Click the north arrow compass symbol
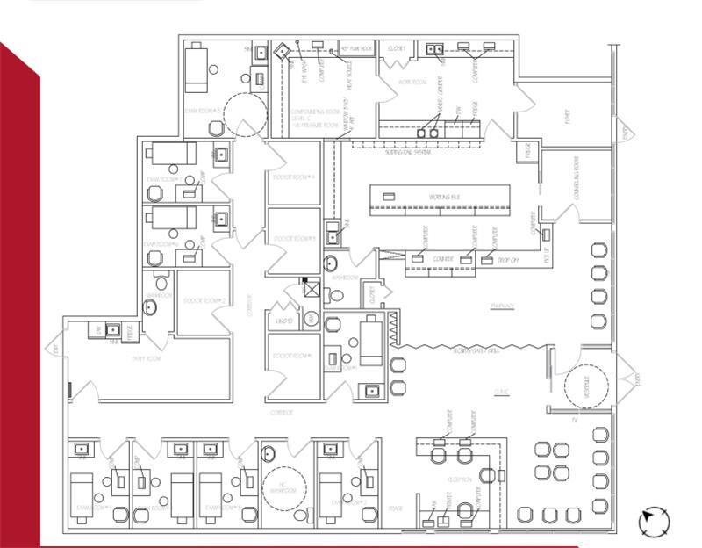(654, 523)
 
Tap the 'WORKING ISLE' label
(444, 198)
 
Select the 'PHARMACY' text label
(503, 306)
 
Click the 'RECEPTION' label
(463, 479)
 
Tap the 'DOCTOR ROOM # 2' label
(204, 301)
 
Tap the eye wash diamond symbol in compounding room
(282, 51)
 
